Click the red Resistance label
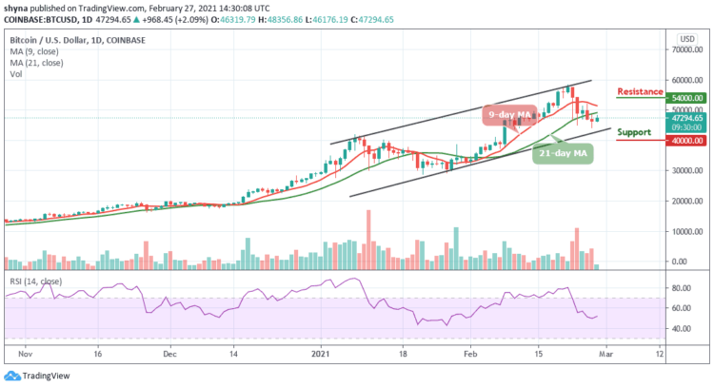[639, 91]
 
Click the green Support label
[634, 131]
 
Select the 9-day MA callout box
[507, 114]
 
